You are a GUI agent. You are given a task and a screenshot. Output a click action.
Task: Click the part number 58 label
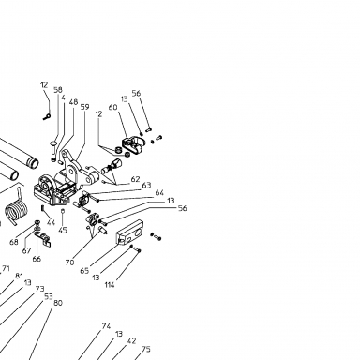point(58,90)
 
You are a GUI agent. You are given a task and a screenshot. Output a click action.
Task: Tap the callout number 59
point(84,107)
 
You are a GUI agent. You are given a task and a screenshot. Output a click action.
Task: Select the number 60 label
point(112,107)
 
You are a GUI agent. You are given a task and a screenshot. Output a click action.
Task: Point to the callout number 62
point(135,179)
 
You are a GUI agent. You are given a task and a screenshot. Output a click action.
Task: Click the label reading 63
point(146,186)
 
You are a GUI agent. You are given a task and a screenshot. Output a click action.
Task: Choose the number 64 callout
point(159,193)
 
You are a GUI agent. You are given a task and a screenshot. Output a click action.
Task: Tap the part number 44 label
point(51,222)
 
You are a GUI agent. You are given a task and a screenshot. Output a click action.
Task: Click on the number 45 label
point(63,231)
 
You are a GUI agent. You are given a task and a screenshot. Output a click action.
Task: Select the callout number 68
point(14,242)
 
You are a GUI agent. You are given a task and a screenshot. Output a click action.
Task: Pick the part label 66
point(37,259)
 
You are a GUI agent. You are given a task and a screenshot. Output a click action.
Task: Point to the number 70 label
point(69,262)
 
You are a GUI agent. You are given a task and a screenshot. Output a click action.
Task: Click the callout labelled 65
point(84,271)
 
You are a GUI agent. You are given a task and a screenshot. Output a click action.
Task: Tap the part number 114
point(110,285)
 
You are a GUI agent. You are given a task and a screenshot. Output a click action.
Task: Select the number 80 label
point(58,303)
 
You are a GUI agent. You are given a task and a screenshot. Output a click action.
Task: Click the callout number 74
point(106,326)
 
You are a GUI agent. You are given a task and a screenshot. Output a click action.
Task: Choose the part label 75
point(146,350)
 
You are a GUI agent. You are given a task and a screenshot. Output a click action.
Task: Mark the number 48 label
point(73,102)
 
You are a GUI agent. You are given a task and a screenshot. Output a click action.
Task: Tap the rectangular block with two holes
point(129,232)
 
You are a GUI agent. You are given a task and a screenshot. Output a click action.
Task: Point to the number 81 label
point(19,276)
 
